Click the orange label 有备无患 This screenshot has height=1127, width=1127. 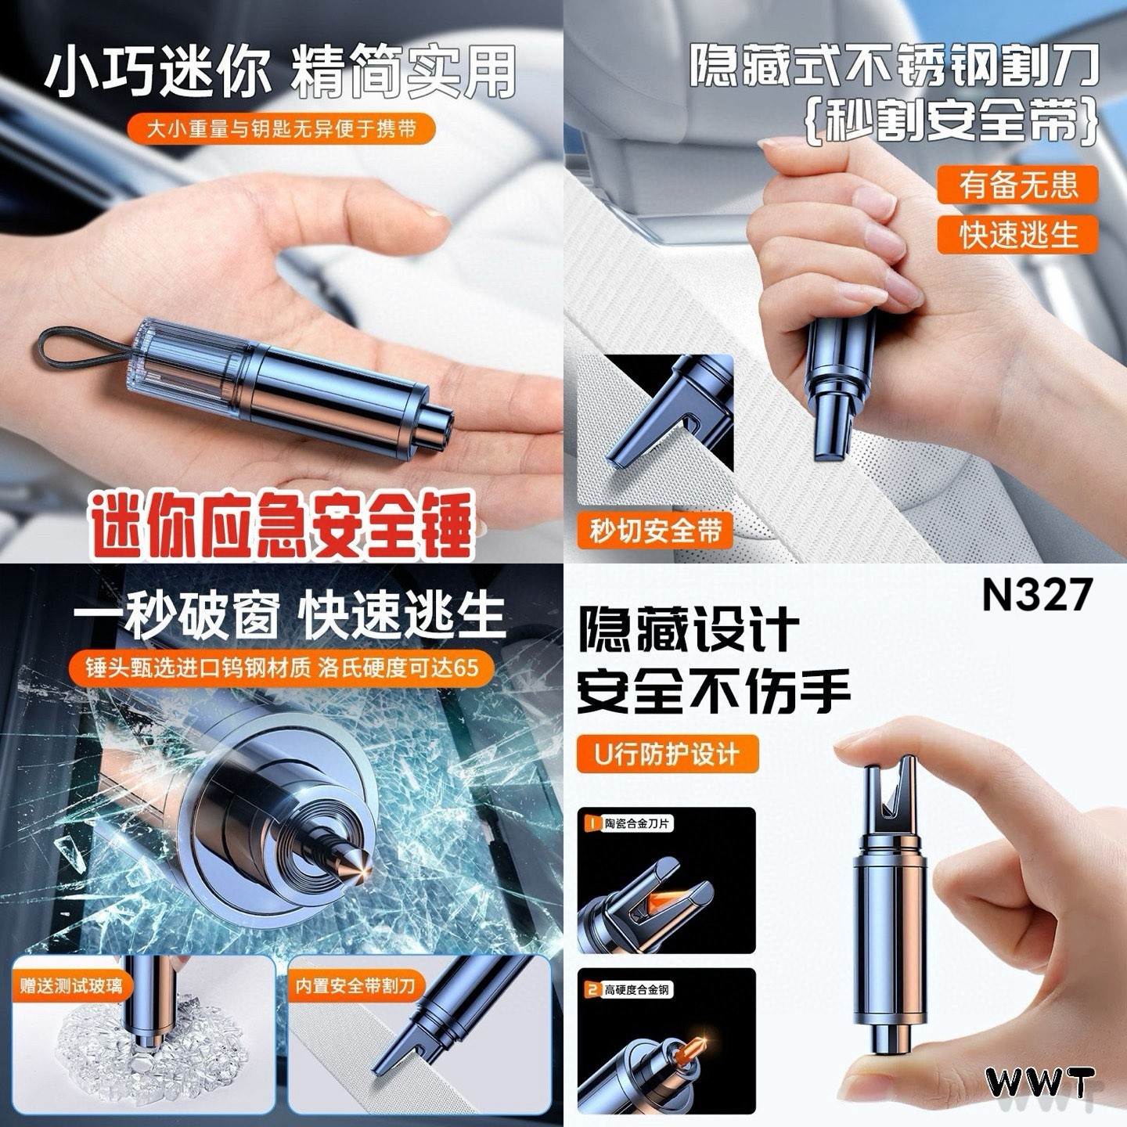tap(1017, 184)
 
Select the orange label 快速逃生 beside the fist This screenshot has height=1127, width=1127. tap(1017, 234)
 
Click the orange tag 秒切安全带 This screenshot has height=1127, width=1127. tap(655, 531)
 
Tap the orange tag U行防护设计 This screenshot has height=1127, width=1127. tap(667, 754)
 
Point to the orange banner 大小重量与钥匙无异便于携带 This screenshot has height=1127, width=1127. tap(282, 128)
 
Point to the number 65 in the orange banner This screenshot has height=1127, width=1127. tap(466, 668)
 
